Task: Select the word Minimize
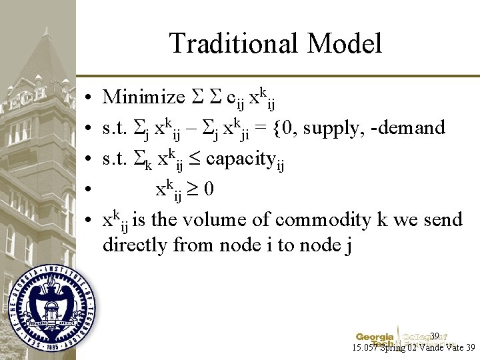click(143, 97)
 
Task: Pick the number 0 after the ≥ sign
click(209, 189)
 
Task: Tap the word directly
click(136, 245)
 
